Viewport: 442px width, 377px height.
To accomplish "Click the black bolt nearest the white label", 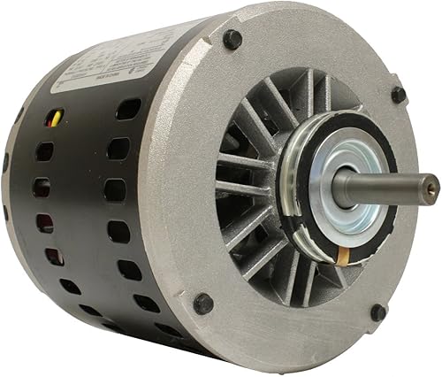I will pyautogui.click(x=232, y=40).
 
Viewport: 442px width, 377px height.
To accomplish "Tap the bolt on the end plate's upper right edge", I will pyautogui.click(x=398, y=94).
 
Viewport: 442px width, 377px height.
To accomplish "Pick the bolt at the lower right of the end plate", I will pyautogui.click(x=377, y=312).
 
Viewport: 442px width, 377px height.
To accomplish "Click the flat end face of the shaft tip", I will pyautogui.click(x=432, y=186).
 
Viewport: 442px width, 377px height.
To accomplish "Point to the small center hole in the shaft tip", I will pyautogui.click(x=433, y=186).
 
